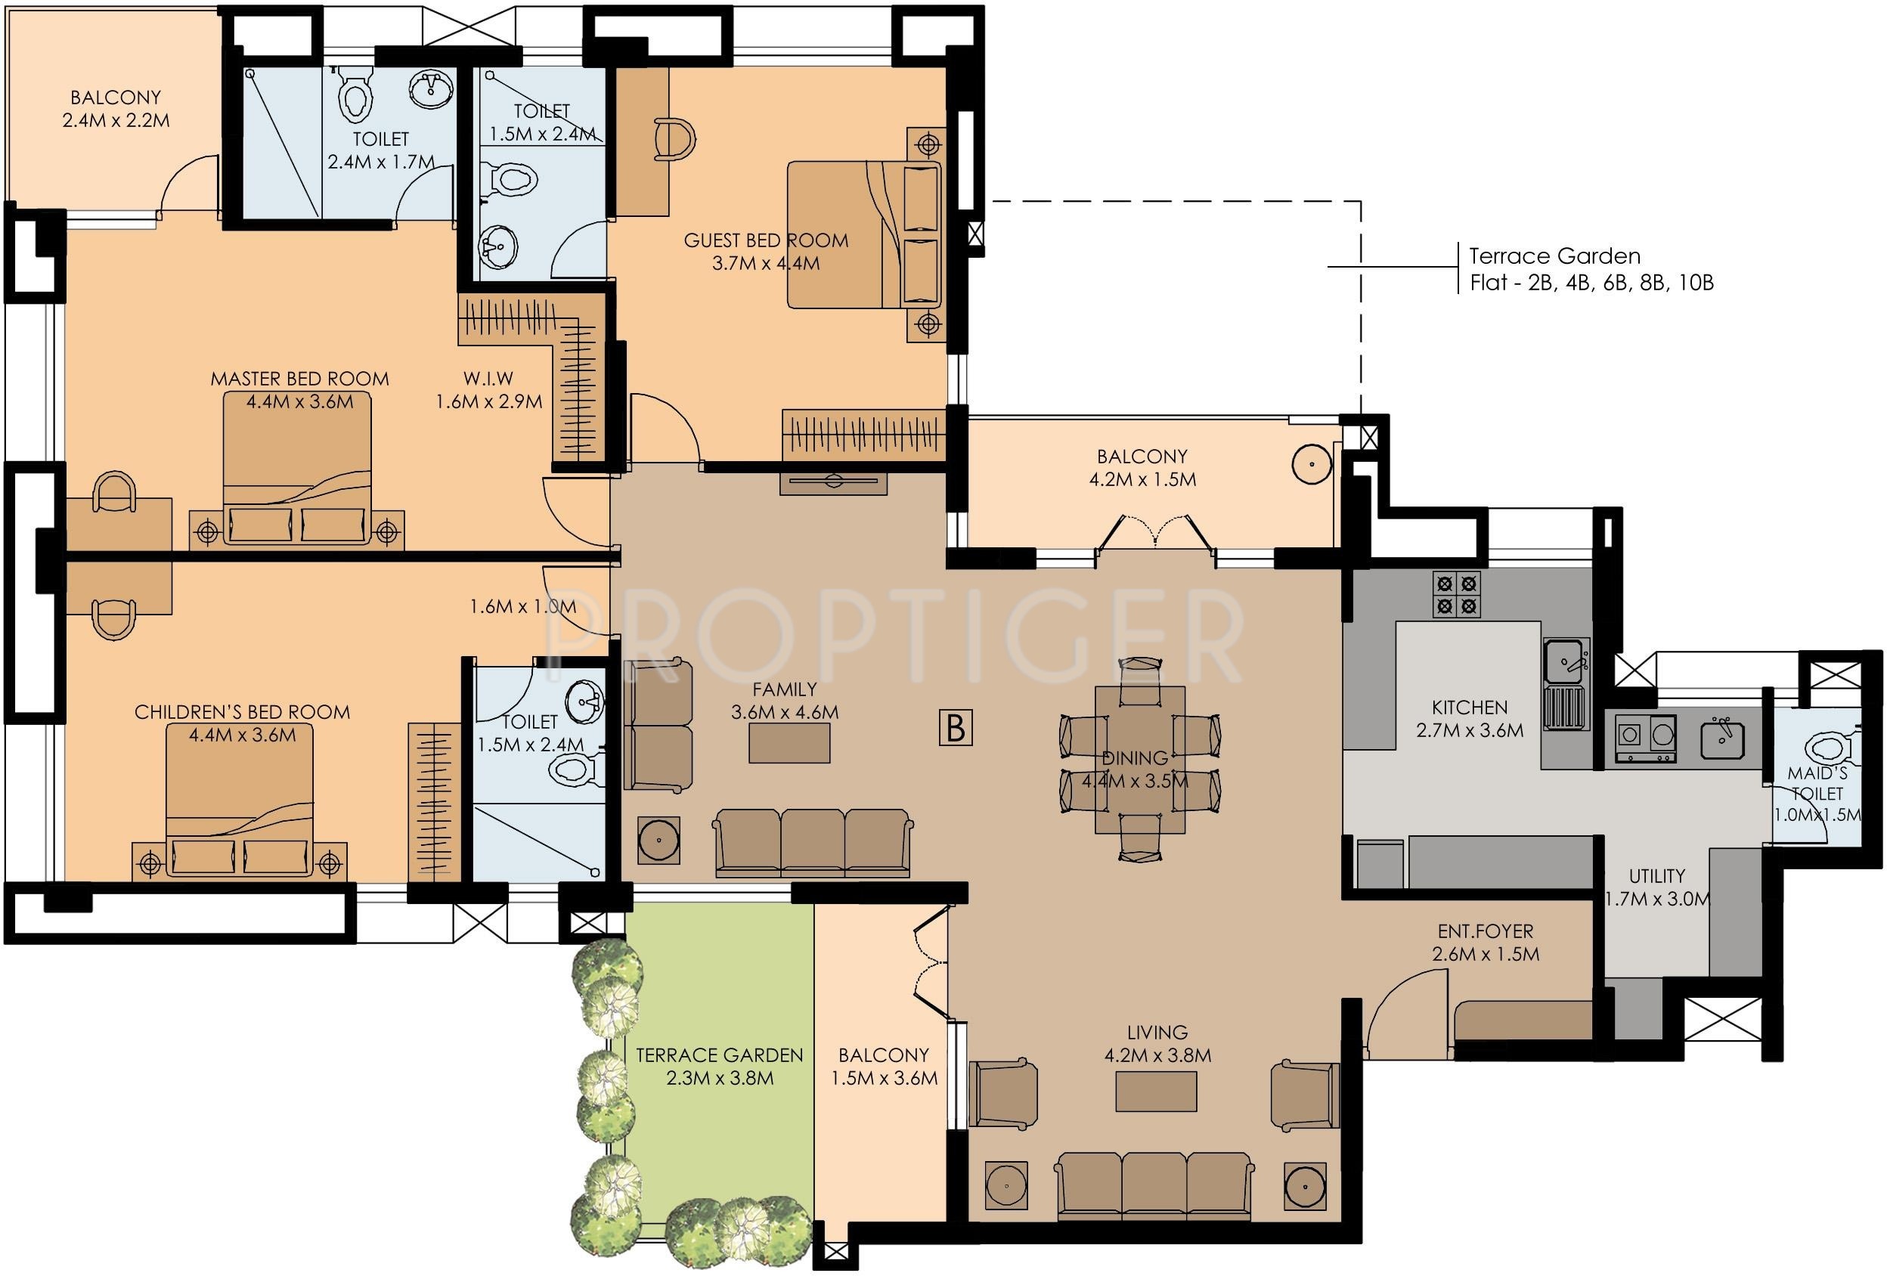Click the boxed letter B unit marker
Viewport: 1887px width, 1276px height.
click(x=956, y=727)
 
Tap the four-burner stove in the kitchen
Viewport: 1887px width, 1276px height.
click(x=1457, y=594)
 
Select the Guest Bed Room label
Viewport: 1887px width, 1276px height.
click(x=766, y=240)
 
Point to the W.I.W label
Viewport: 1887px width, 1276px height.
click(x=488, y=378)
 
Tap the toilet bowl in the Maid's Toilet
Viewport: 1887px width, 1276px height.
click(x=1823, y=746)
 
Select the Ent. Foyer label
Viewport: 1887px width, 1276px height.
click(x=1485, y=931)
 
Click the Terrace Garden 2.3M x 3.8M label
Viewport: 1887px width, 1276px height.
click(x=720, y=1067)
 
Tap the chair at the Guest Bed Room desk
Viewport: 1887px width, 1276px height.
click(x=673, y=141)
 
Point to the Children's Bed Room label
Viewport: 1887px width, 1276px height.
click(x=242, y=712)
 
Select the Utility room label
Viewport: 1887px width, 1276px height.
click(x=1656, y=876)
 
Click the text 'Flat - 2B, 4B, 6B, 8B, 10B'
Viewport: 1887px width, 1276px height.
click(x=1592, y=283)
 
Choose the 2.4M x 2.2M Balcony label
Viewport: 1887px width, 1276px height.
click(x=116, y=109)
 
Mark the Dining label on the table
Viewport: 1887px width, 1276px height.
click(x=1134, y=758)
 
